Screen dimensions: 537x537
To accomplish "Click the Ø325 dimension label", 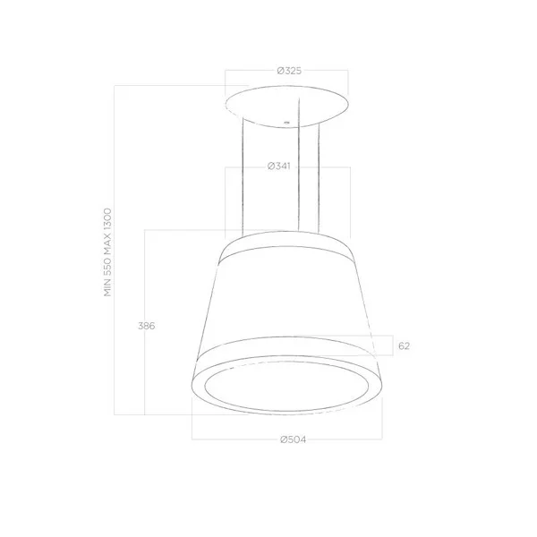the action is pos(289,71).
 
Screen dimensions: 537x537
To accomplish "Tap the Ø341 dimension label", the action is pos(278,166).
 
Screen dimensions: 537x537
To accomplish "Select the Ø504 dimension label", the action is pos(294,439).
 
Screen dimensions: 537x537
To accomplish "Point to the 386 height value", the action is pos(146,326).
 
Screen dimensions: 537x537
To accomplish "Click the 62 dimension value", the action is pos(404,345).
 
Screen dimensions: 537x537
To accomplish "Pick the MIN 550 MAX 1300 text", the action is pos(107,252).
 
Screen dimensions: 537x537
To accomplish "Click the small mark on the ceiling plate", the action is pos(287,123).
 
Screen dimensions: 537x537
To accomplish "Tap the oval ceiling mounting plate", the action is pos(287,107).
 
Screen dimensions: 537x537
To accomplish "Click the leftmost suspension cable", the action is pos(243,176).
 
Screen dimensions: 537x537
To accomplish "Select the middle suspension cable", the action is pos(299,165).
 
